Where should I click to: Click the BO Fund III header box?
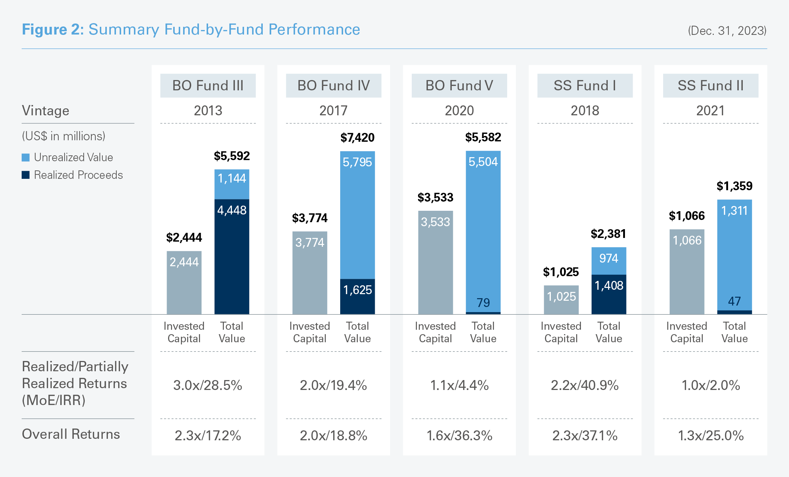[208, 86]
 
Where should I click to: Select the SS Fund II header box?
[710, 86]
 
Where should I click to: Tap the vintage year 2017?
[333, 111]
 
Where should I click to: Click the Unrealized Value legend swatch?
[26, 158]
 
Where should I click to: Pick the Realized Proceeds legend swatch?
[26, 175]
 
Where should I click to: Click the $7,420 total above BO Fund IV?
[357, 138]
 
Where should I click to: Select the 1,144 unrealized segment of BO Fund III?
[232, 184]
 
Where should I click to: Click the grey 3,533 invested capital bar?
[436, 262]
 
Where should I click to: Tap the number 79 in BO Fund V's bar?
[483, 303]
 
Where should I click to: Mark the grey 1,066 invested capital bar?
[687, 272]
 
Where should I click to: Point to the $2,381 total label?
[608, 234]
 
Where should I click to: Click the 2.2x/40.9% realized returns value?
[585, 385]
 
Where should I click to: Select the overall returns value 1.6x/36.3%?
[459, 436]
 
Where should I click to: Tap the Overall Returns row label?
[71, 434]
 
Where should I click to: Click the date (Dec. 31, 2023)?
[727, 30]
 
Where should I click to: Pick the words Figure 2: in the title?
[53, 29]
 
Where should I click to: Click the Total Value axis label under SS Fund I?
[609, 332]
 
